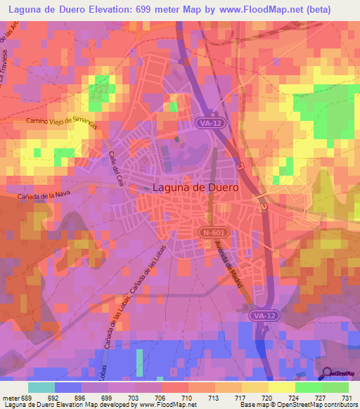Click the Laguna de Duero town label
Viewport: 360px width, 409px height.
pos(195,188)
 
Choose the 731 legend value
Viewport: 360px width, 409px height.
pos(347,398)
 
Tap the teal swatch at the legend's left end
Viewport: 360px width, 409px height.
pos(41,387)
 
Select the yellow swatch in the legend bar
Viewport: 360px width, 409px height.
pos(281,387)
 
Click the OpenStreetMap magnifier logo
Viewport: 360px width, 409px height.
pos(328,375)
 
